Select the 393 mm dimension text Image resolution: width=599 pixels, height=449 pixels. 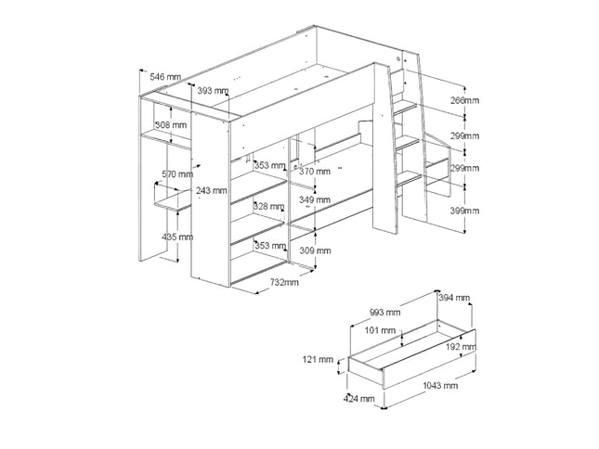tap(213, 90)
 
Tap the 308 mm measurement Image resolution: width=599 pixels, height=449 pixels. tap(170, 125)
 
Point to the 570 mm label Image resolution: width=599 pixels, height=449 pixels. tap(176, 173)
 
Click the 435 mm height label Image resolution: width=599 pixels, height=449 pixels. tap(176, 237)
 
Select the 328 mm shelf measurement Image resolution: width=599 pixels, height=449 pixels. tap(269, 206)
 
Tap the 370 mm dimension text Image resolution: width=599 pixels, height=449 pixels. tap(315, 172)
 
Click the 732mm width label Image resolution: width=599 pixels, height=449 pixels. tap(283, 282)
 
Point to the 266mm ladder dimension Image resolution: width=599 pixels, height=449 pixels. tap(464, 100)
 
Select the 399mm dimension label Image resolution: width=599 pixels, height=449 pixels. tap(464, 212)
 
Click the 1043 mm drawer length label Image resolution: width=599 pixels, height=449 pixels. tap(437, 384)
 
